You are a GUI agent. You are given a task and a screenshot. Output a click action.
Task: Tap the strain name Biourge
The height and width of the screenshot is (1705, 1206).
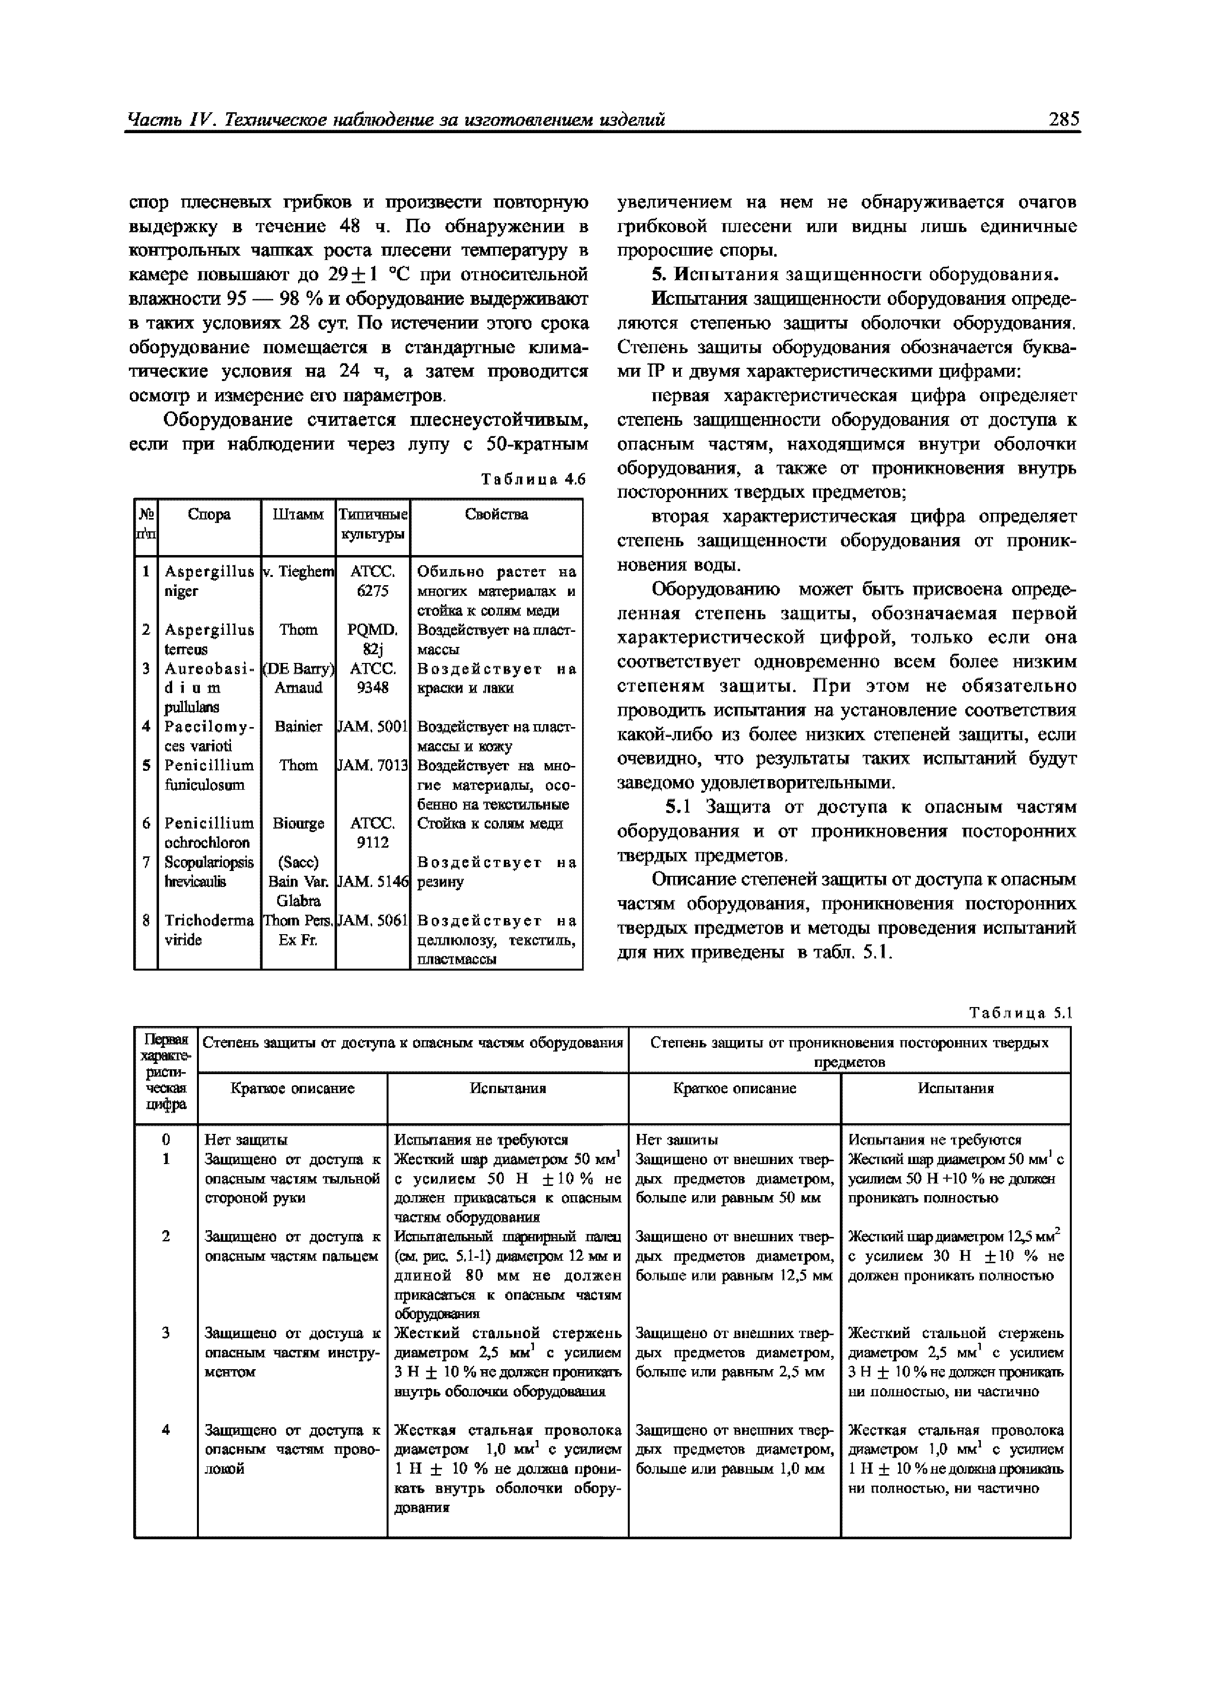(x=298, y=823)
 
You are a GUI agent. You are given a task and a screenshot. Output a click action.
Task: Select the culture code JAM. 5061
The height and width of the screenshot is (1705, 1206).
(x=372, y=920)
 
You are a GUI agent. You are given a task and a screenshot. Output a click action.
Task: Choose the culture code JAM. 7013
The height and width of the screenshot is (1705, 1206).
(x=372, y=765)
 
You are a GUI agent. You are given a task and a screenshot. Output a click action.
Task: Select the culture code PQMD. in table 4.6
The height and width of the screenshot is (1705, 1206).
(x=372, y=630)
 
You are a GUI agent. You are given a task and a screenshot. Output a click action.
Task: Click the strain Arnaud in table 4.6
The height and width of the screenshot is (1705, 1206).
(x=298, y=688)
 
